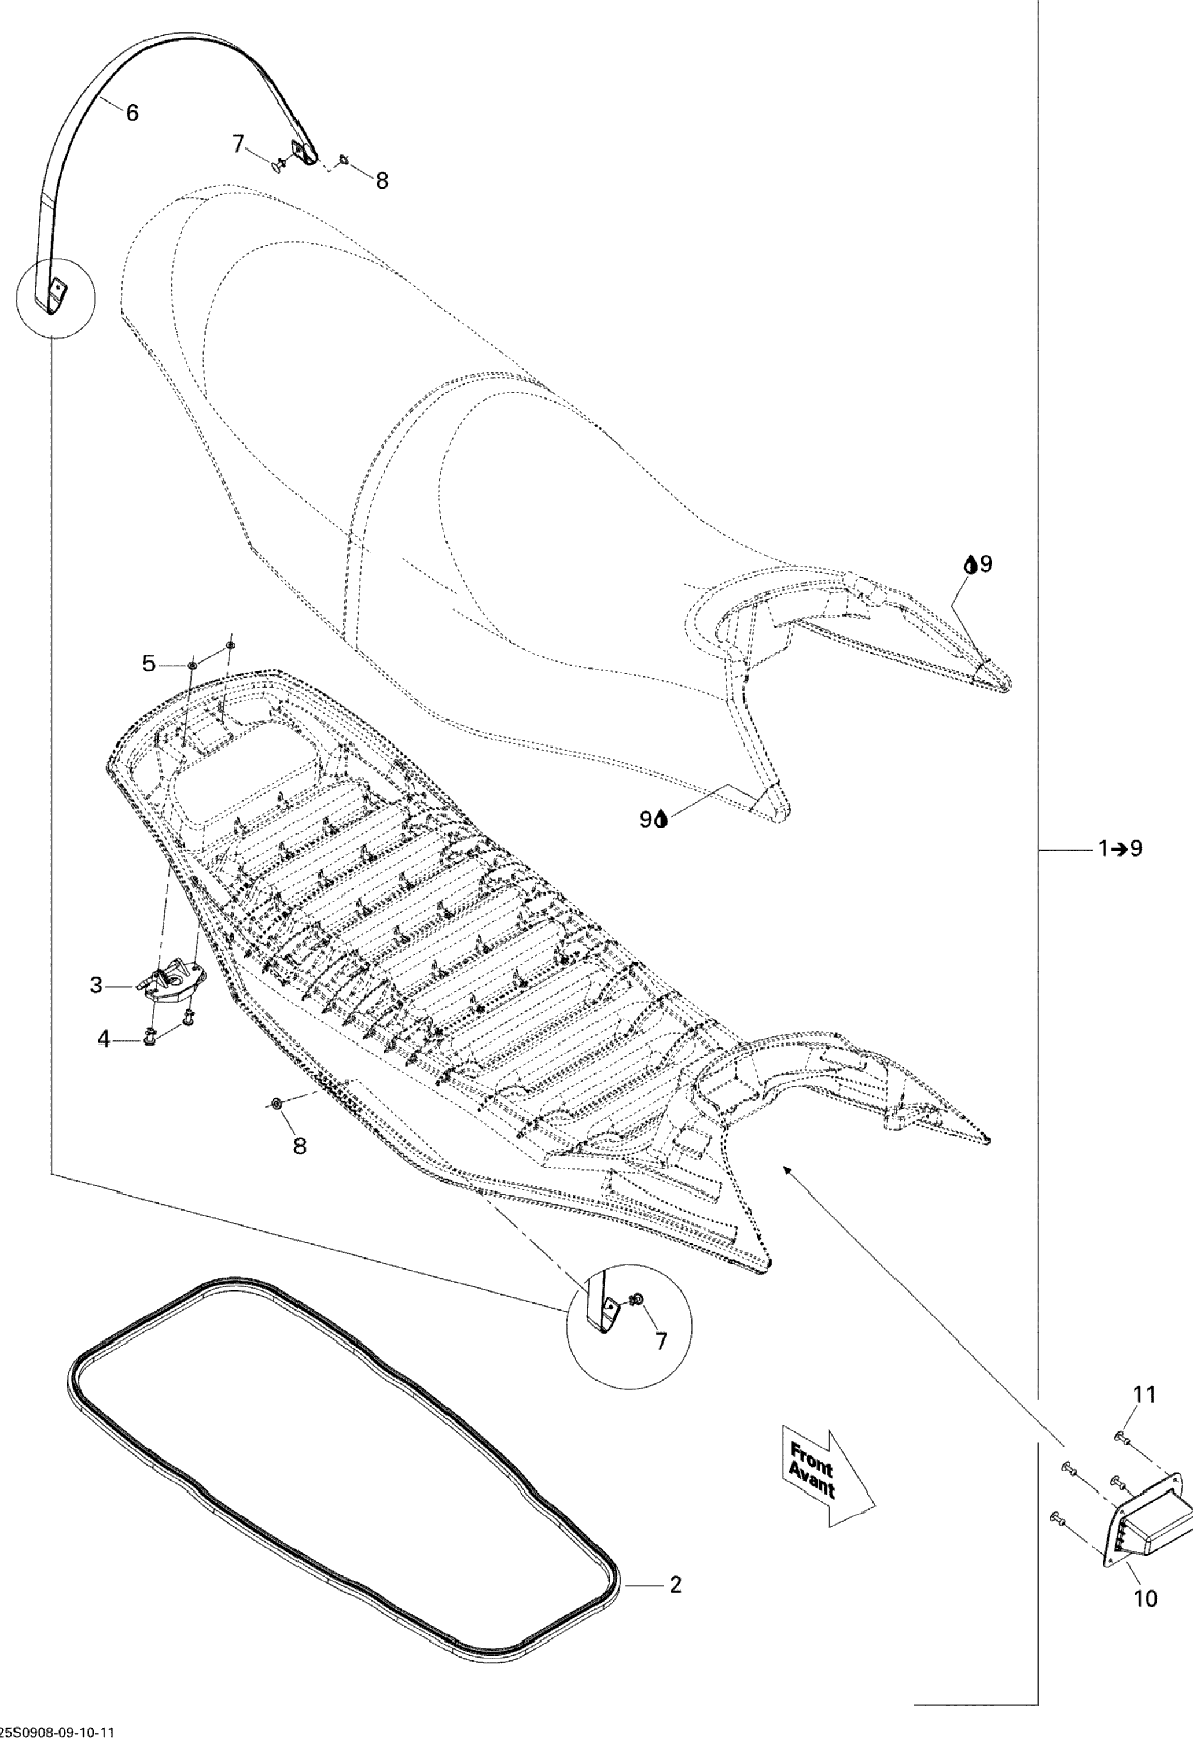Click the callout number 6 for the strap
tap(132, 113)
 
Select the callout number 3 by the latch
tap(95, 986)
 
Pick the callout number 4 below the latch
tap(104, 1039)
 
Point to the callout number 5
tap(149, 663)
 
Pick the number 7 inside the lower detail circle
tap(661, 1342)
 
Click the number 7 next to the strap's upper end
tap(238, 143)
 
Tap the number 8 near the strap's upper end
tap(382, 180)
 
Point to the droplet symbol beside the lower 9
tap(661, 820)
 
